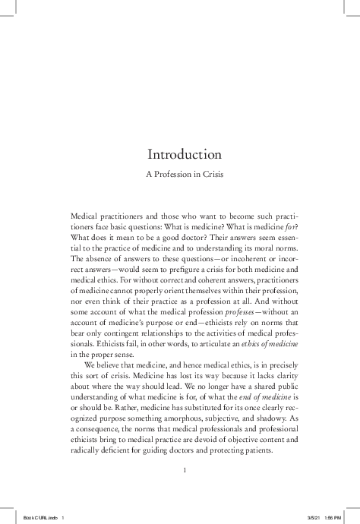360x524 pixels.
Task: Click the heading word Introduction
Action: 185,154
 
